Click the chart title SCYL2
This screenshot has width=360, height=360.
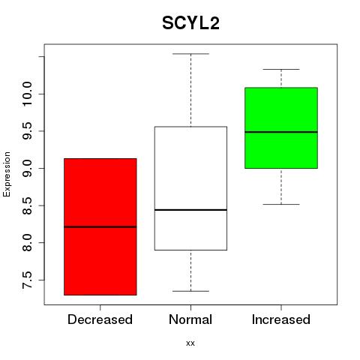click(x=190, y=23)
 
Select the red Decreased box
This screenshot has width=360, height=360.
click(x=100, y=226)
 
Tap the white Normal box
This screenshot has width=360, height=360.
click(x=190, y=188)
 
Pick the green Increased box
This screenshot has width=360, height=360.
click(x=281, y=127)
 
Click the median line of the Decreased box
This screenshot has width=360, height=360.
click(x=100, y=227)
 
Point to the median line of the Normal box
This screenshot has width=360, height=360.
click(x=190, y=210)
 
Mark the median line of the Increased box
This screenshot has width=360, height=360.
click(x=281, y=132)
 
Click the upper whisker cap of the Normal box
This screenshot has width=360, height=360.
click(x=190, y=54)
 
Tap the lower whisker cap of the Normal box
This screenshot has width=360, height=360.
click(x=190, y=291)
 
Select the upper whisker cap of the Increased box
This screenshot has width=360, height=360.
click(x=281, y=69)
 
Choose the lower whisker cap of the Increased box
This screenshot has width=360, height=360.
click(x=281, y=205)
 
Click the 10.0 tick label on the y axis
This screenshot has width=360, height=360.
click(x=27, y=94)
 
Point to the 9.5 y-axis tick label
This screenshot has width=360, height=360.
click(x=27, y=131)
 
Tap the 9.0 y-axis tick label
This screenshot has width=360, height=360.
click(x=27, y=168)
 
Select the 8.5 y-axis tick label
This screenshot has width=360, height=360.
click(x=27, y=205)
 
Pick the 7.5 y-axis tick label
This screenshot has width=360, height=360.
click(x=27, y=280)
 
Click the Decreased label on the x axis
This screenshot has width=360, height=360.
click(x=100, y=319)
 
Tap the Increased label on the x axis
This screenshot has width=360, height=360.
click(x=281, y=319)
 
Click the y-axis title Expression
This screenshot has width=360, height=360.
click(x=7, y=174)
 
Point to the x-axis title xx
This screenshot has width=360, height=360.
click(x=190, y=343)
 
